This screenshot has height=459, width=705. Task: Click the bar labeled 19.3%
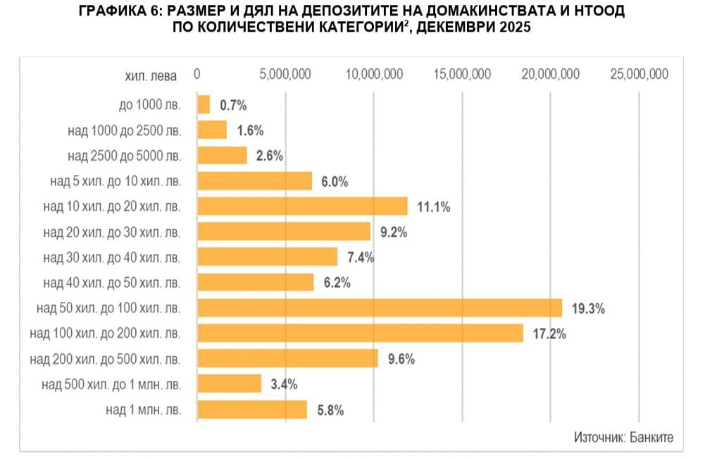(380, 308)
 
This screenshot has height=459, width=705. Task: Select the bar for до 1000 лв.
(204, 105)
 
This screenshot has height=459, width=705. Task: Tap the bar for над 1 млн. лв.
(252, 410)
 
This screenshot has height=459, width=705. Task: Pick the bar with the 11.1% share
(302, 206)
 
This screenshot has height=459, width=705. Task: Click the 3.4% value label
(284, 384)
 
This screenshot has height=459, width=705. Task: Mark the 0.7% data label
(233, 106)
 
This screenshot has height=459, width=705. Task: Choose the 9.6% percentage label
(401, 359)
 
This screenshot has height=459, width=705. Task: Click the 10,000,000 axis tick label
(374, 74)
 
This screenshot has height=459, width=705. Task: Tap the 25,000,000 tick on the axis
(639, 74)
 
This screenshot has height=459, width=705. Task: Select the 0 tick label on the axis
(197, 74)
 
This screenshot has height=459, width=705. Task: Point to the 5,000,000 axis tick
(286, 74)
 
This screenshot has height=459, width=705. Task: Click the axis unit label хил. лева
(151, 75)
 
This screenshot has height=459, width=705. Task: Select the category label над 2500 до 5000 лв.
(124, 156)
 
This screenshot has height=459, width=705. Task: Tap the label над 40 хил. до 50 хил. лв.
(112, 283)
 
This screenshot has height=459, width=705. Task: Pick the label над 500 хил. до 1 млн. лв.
(111, 384)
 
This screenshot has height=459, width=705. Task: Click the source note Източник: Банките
(623, 437)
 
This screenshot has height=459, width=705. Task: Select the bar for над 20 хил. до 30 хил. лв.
(284, 231)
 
